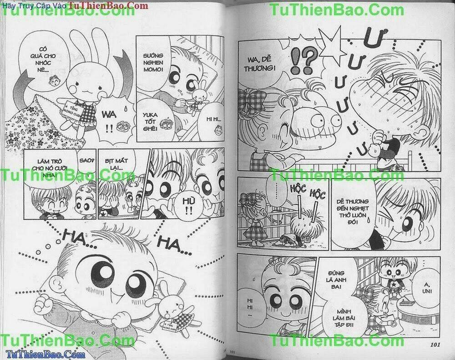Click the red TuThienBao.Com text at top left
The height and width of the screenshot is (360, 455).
click(109, 6)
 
